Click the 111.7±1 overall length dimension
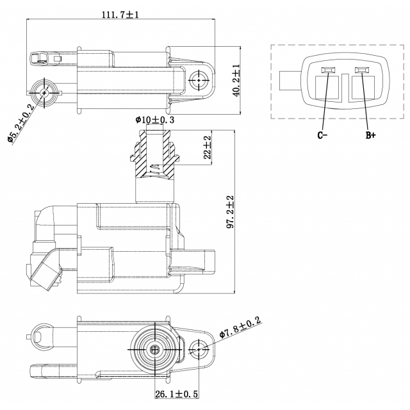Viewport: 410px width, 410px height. (120, 14)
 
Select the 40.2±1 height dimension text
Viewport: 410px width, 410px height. (236, 81)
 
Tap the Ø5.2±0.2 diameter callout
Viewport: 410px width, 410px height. (21, 124)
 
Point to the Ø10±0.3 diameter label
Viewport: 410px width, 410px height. (154, 120)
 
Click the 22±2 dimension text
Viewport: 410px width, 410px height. (207, 147)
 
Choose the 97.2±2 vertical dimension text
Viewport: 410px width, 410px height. (231, 212)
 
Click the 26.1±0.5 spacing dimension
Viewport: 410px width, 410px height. (177, 394)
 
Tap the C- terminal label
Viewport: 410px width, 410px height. (322, 135)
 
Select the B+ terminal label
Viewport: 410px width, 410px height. (370, 135)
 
